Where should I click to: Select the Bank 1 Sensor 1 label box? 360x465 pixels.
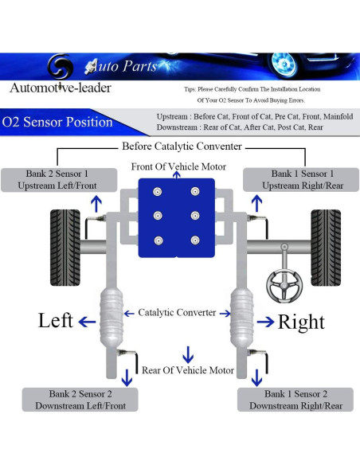pos(302,179)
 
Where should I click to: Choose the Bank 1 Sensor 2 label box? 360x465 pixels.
pos(295,400)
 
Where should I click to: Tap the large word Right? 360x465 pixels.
pos(301,322)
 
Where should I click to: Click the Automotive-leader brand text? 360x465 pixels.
pos(61,87)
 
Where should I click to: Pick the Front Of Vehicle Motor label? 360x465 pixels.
pos(179,166)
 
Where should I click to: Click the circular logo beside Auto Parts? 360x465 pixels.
pos(61,65)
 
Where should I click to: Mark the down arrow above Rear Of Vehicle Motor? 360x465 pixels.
pos(188,354)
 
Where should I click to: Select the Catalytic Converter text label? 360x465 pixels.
pos(176,313)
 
